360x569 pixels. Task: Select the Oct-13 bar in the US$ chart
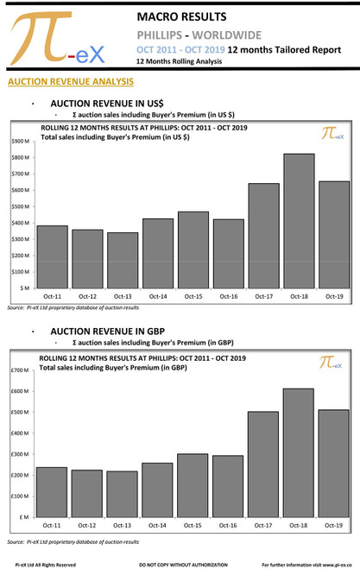123,260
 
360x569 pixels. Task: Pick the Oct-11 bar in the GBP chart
52,492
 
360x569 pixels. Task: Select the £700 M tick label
22,370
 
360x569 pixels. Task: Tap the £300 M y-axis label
22,454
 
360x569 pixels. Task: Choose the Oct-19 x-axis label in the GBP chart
332,525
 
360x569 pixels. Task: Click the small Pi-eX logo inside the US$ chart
332,134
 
